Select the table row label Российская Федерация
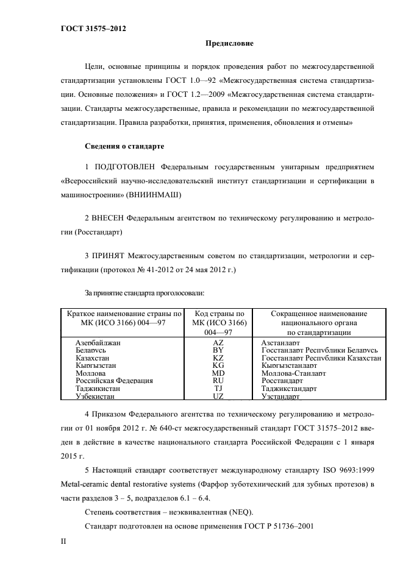pyautogui.click(x=114, y=381)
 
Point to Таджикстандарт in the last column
pyautogui.click(x=289, y=388)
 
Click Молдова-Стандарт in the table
pyautogui.click(x=293, y=373)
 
